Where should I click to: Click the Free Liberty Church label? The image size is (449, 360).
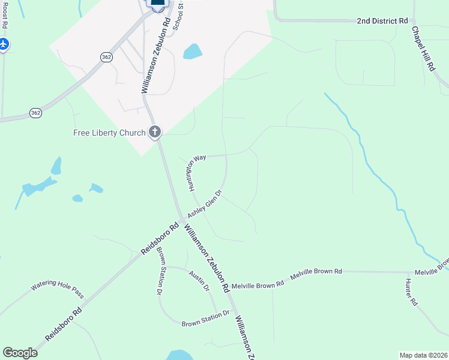(x=109, y=133)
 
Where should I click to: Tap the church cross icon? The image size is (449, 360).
(x=155, y=132)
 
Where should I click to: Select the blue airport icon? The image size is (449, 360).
(x=3, y=44)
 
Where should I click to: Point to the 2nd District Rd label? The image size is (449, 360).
(x=382, y=21)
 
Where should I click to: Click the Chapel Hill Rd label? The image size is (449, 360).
(x=423, y=49)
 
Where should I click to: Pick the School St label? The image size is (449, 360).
(x=178, y=16)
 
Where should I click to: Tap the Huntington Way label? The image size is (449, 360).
(x=196, y=172)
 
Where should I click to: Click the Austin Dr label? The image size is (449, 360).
(x=199, y=280)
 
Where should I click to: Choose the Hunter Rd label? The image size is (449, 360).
(x=411, y=293)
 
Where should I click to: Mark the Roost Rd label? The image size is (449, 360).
(x=5, y=15)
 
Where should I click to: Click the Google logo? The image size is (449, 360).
(x=20, y=353)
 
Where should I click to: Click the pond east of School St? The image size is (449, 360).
(x=193, y=51)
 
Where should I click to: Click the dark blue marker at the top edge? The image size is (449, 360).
(x=157, y=3)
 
